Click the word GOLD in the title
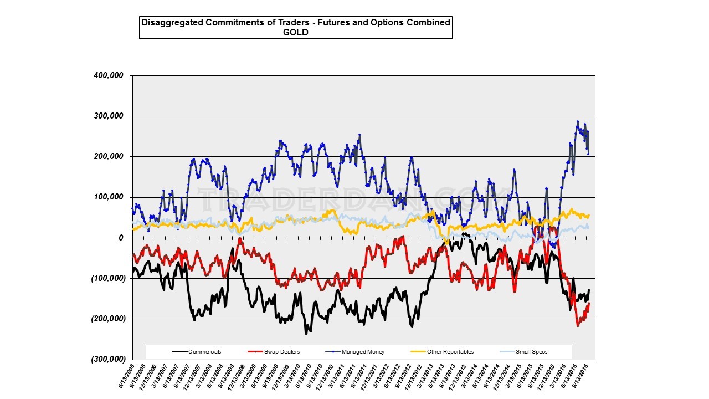[295, 32]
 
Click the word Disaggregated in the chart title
[169, 23]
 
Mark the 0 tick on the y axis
[120, 238]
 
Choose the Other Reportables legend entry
[450, 351]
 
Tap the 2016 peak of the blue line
[578, 121]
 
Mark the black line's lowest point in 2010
[306, 334]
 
